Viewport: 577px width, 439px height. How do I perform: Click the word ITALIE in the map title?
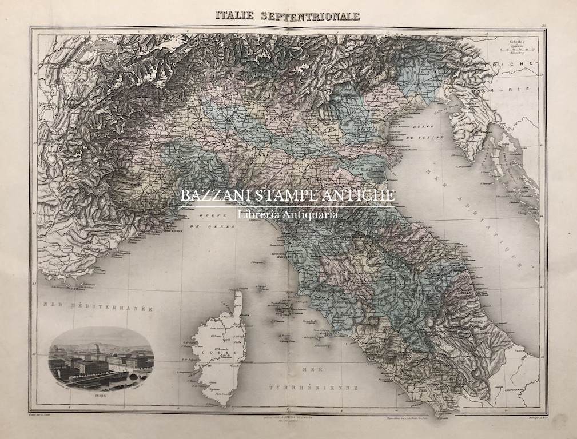click(x=235, y=16)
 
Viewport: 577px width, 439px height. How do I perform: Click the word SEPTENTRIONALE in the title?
click(x=310, y=16)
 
